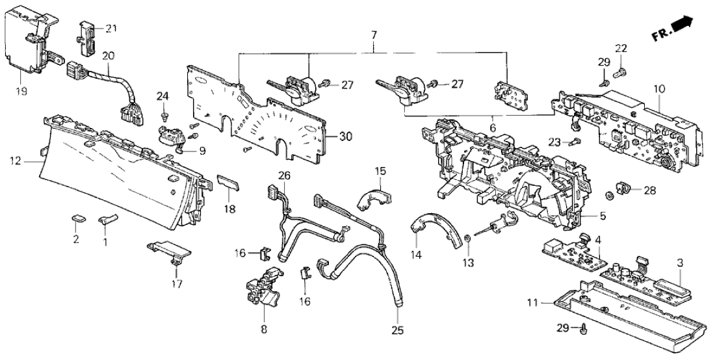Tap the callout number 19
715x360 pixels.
(x=21, y=92)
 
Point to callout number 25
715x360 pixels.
(x=398, y=331)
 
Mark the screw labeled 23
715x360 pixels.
(x=575, y=142)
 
